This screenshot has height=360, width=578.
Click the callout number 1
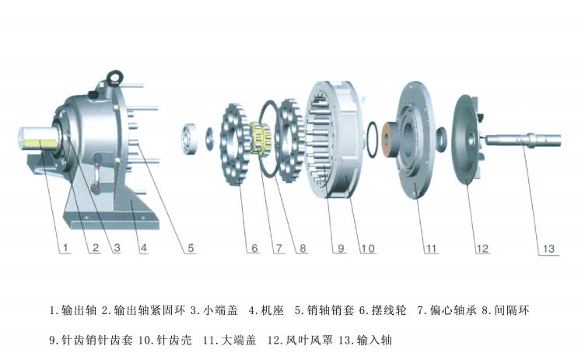[65, 247]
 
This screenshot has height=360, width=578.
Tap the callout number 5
[191, 248]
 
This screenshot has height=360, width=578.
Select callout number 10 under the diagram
[368, 249]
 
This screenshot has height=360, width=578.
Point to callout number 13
[548, 249]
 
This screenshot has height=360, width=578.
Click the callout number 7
[279, 248]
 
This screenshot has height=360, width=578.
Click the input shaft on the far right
[524, 140]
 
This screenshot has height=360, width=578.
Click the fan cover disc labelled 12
[465, 139]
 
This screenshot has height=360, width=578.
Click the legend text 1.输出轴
[73, 310]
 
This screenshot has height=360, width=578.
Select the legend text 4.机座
[266, 310]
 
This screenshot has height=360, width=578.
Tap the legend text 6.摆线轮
[383, 310]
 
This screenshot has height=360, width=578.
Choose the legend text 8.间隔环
[506, 310]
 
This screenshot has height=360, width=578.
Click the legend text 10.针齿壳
[165, 339]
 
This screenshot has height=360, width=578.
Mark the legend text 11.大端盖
[229, 339]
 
